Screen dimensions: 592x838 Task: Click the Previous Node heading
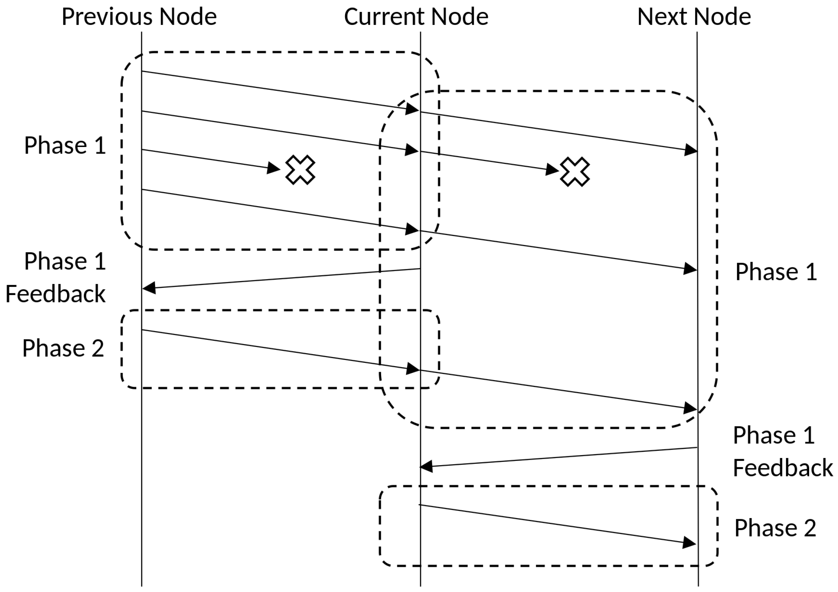[x=139, y=17]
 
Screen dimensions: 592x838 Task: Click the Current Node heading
[x=416, y=17]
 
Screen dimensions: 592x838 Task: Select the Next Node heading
[x=694, y=17]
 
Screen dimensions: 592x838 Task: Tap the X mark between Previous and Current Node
[x=300, y=170]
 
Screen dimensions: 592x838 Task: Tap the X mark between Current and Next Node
[x=574, y=172]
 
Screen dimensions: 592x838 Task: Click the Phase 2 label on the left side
[x=63, y=348]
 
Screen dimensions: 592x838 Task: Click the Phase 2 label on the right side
[x=775, y=528]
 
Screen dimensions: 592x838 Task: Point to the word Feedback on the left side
[x=56, y=294]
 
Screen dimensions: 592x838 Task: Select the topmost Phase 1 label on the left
[x=65, y=146]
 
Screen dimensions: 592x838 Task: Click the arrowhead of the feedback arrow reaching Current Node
[x=426, y=466]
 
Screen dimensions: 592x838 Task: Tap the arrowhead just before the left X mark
[x=273, y=168]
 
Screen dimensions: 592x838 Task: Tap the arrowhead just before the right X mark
[x=552, y=170]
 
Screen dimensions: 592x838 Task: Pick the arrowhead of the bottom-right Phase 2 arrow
[x=689, y=543]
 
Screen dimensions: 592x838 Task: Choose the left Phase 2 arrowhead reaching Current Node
[x=413, y=368]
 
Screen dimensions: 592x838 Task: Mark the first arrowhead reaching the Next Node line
[x=690, y=150]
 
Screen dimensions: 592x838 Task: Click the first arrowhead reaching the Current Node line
[x=412, y=109]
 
